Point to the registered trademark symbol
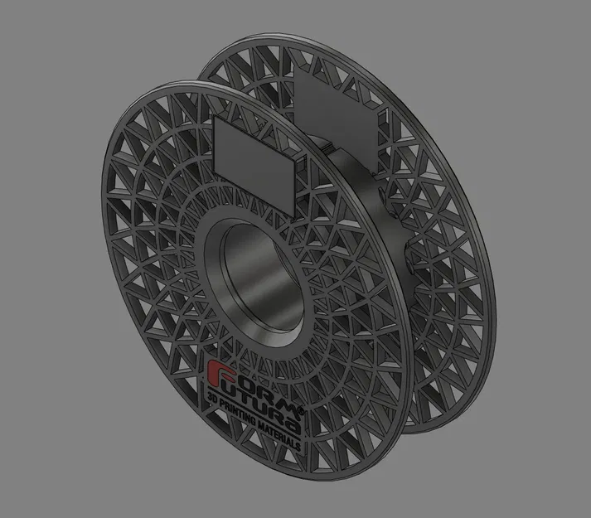click(302, 412)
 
